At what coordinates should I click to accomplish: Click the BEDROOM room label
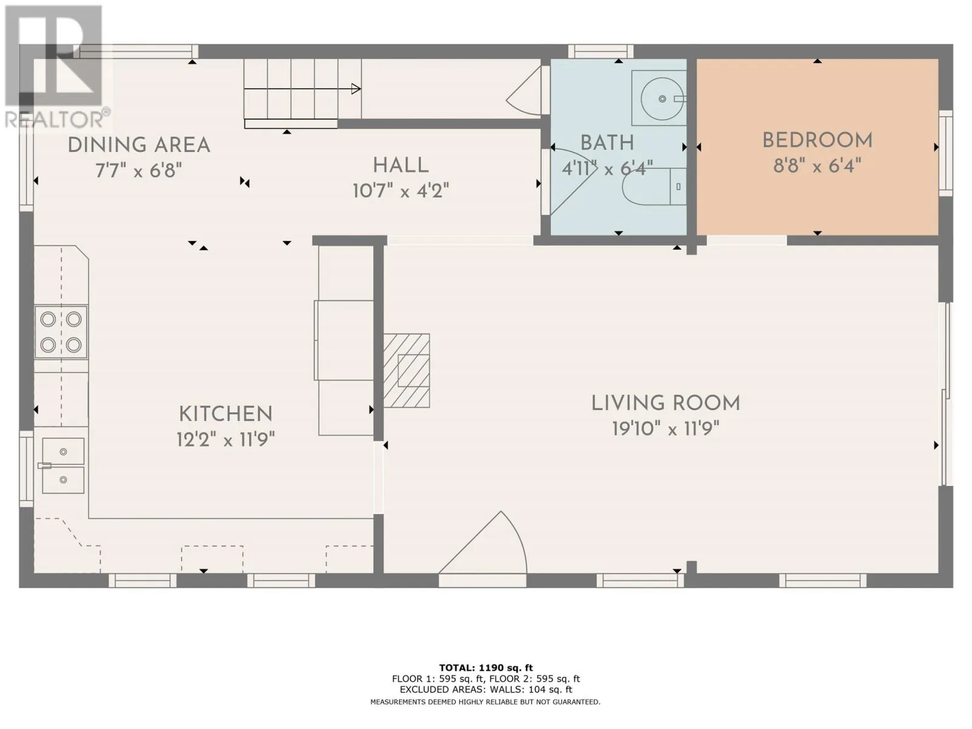coord(817,140)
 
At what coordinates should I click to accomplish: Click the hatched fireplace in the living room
coord(406,371)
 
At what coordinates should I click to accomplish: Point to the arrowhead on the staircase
coord(356,89)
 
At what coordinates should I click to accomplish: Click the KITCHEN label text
coord(225,414)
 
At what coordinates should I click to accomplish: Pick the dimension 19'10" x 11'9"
coord(666,428)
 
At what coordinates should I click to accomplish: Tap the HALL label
coord(400,165)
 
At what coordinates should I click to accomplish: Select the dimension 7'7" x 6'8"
coord(139,170)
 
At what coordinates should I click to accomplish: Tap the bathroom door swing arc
coord(572,182)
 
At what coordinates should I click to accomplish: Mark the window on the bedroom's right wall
coord(946,153)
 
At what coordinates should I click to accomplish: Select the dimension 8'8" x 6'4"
coord(817,166)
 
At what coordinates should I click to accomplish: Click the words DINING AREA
coord(139,145)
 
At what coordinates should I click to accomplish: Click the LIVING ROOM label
coord(666,403)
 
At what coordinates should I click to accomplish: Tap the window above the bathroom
coord(601,52)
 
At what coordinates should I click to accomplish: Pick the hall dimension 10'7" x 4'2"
coord(400,191)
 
